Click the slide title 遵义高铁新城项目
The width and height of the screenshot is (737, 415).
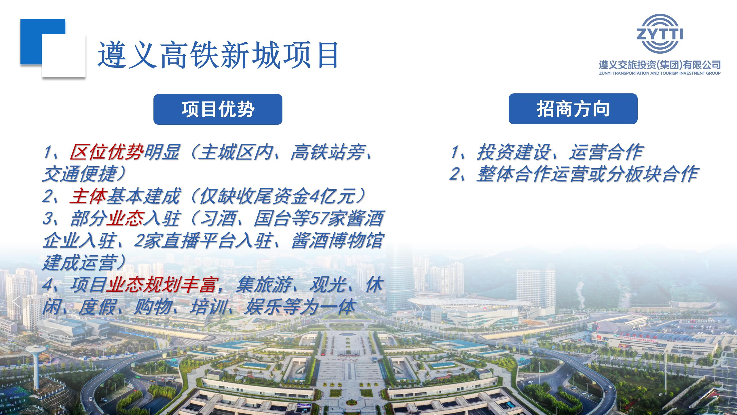click(218, 55)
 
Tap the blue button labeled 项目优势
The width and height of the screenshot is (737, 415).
click(218, 109)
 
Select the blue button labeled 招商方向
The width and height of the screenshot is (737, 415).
click(573, 109)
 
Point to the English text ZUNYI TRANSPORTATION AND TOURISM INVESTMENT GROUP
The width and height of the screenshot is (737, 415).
click(660, 73)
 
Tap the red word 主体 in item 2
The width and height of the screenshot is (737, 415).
click(88, 196)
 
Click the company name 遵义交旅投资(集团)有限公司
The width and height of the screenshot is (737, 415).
click(660, 65)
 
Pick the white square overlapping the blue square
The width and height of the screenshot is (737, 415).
click(64, 56)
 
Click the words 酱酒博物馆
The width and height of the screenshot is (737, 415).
click(337, 241)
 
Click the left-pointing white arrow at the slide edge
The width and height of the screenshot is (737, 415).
click(16, 302)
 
